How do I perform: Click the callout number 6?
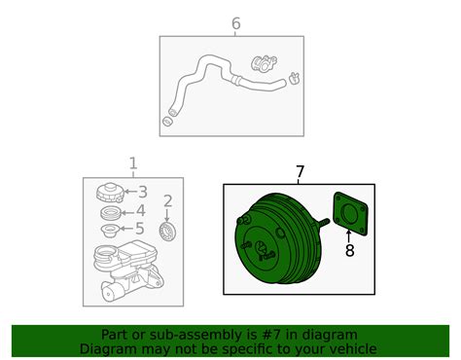click(x=236, y=23)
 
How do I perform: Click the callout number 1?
click(x=133, y=163)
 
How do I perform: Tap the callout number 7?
click(x=301, y=171)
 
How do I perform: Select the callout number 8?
click(x=349, y=250)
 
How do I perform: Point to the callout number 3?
click(x=143, y=192)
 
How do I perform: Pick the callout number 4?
click(x=141, y=211)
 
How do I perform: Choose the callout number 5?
click(x=140, y=229)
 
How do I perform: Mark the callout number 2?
click(x=167, y=201)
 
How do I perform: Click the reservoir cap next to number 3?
click(x=110, y=193)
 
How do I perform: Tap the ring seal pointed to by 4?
click(x=110, y=213)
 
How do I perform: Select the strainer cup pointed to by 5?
click(x=110, y=231)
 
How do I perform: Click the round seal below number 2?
click(x=167, y=232)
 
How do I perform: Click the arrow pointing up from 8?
click(x=349, y=236)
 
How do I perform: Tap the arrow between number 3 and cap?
click(x=131, y=192)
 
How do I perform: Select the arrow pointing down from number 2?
click(x=167, y=215)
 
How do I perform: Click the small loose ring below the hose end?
click(x=167, y=122)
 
